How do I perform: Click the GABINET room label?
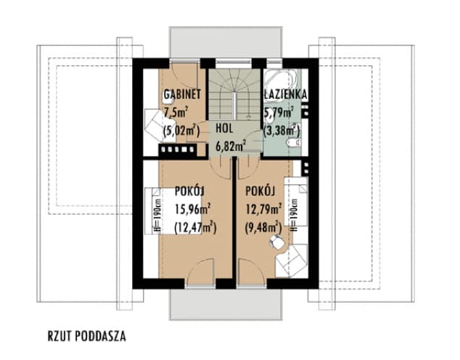[x=182, y=94]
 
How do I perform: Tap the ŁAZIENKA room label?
[x=287, y=94]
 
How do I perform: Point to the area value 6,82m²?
[x=231, y=144]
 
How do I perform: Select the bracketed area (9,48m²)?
[x=263, y=229]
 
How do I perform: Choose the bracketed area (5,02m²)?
[x=181, y=131]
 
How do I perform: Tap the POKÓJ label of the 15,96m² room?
[x=188, y=192]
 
